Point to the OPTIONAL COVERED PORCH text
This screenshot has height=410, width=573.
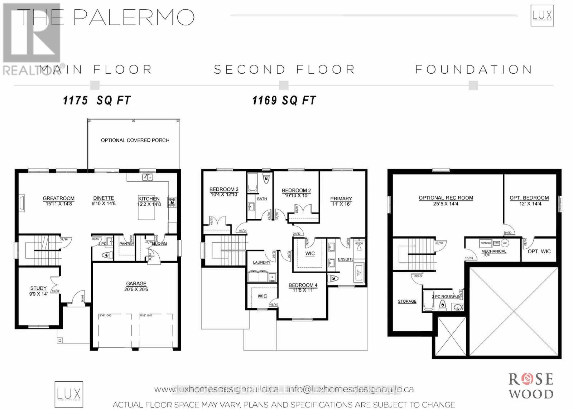tap(135, 140)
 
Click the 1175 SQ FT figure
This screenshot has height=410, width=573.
tap(97, 101)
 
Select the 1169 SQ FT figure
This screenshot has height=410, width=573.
tap(284, 101)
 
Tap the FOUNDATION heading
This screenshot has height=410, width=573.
tap(473, 69)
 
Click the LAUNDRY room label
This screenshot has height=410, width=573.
tap(261, 262)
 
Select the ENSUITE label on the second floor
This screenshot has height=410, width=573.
tap(346, 259)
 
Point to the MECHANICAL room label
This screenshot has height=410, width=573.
tap(493, 252)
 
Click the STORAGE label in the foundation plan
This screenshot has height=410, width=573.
tap(407, 302)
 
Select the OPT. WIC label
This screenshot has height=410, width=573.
tap(539, 252)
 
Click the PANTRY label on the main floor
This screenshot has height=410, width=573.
tap(126, 244)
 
